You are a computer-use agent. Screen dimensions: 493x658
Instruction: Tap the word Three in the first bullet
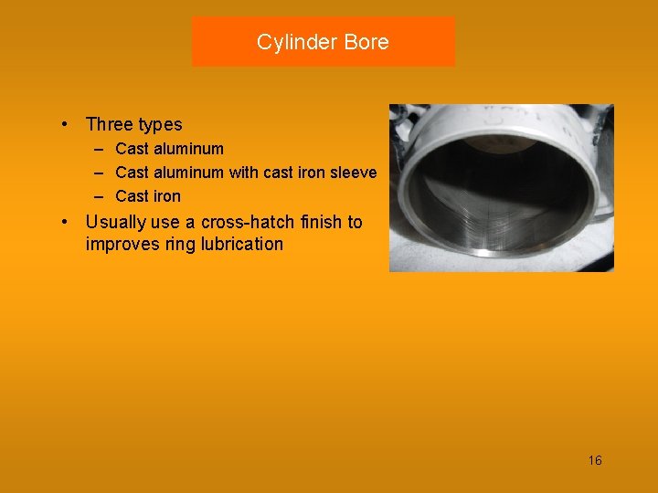coord(108,125)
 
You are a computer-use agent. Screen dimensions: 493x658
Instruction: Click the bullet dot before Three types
coord(67,124)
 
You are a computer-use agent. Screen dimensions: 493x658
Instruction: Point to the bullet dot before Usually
coord(67,222)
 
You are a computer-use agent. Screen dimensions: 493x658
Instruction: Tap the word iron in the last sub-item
coord(166,196)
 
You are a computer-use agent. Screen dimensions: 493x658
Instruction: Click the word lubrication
coord(241,245)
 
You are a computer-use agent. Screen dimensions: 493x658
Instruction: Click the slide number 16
coord(595,460)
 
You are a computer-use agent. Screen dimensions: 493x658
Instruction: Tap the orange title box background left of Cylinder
coord(219,42)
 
